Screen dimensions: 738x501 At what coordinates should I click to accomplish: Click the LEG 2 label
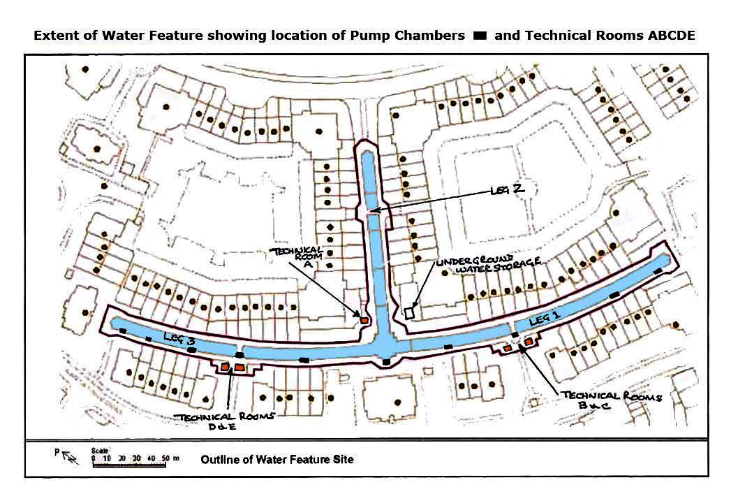click(x=507, y=189)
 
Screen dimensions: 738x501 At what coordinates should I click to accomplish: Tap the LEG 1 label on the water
click(x=545, y=320)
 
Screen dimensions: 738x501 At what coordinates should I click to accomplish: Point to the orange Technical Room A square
click(x=364, y=320)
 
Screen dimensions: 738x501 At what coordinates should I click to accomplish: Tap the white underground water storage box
click(x=409, y=312)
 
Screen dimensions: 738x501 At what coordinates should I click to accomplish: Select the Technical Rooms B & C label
click(x=611, y=400)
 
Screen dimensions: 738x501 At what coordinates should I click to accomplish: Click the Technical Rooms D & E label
click(x=224, y=421)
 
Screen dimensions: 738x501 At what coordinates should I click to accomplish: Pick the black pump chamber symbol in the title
click(x=480, y=36)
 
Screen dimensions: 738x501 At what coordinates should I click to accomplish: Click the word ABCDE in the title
click(x=671, y=36)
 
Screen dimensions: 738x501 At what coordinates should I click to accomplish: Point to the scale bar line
click(x=129, y=465)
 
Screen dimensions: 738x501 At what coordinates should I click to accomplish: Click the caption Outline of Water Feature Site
click(x=276, y=460)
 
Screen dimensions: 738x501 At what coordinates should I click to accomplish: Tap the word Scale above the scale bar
click(x=99, y=451)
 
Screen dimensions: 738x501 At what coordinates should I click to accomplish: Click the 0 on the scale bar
click(x=94, y=458)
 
